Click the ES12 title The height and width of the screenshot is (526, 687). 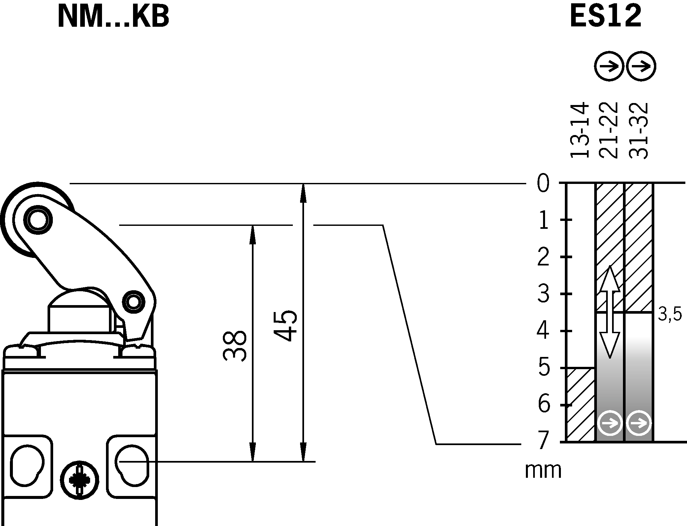[605, 17]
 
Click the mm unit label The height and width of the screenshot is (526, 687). [543, 471]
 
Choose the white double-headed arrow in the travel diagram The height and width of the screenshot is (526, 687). [609, 312]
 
